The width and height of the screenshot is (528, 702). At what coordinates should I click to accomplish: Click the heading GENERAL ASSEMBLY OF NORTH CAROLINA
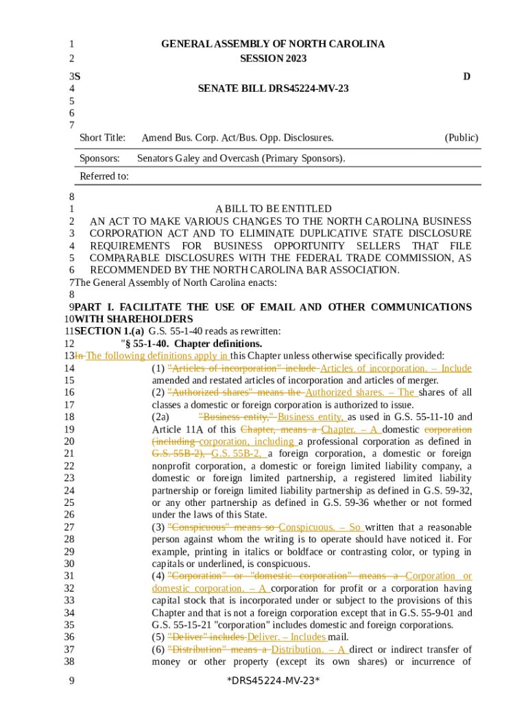273,44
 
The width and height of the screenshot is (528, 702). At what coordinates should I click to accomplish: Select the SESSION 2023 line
273,59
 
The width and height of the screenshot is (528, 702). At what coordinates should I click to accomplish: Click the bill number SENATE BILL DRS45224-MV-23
273,88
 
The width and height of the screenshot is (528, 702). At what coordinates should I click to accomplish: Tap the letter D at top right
466,76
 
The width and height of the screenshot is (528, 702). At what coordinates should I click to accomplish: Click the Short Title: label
102,138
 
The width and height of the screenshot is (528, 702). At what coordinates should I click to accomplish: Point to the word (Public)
461,138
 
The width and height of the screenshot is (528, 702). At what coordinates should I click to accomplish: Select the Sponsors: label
99,158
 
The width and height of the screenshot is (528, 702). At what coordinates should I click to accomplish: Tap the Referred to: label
104,176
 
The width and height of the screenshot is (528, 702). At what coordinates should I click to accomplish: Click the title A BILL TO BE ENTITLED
273,208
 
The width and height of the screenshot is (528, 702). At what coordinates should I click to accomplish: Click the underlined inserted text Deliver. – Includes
287,638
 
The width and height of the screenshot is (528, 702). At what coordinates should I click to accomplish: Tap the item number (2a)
160,417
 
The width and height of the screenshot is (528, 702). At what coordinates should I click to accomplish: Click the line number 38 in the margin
69,662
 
